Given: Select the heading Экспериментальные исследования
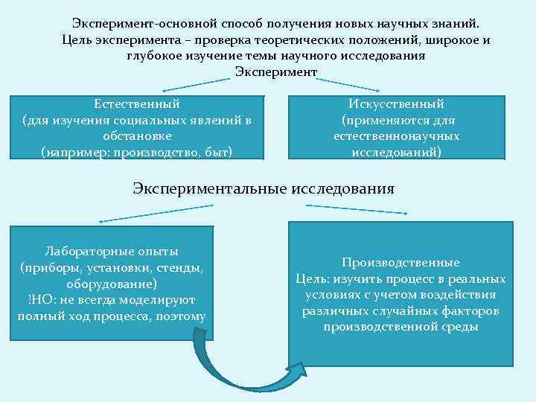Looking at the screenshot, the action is [x=264, y=188].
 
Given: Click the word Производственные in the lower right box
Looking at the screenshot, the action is [x=401, y=263].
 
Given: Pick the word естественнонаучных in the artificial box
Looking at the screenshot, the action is [x=397, y=137].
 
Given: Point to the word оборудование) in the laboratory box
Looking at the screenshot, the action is [x=112, y=284].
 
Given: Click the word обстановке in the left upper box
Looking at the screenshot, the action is [x=137, y=137].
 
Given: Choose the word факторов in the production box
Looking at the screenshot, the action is [x=473, y=311].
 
